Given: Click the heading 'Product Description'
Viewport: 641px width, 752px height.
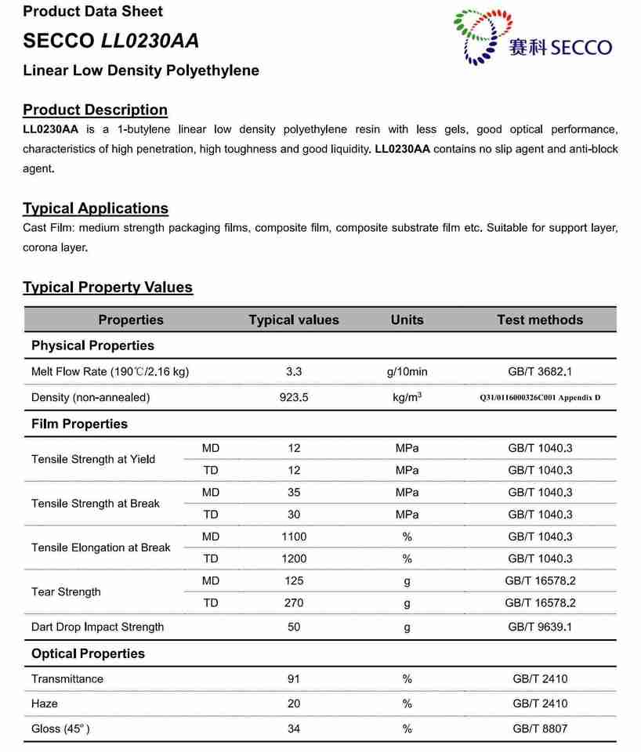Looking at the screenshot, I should point(95,110).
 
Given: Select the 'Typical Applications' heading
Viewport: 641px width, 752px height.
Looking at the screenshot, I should point(96,208).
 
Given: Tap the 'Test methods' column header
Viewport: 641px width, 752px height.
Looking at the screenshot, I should point(540,320).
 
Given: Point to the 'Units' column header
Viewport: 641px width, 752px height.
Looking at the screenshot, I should point(407,320).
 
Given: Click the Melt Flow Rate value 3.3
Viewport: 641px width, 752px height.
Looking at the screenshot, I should point(294,372).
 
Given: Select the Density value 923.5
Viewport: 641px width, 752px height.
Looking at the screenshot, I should point(294,397).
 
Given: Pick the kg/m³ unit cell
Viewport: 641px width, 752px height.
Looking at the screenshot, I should point(407,397).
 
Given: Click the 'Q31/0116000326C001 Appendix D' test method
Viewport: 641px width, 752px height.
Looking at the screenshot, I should point(540,398).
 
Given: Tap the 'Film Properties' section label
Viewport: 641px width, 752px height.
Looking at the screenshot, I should point(79,424).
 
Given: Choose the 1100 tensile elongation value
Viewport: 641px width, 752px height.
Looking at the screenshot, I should point(294,537).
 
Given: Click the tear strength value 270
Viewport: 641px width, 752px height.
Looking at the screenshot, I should point(294,603).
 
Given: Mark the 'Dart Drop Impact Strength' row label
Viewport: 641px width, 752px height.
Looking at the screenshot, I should point(98,627).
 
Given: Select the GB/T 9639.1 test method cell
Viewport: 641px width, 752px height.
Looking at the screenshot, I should point(540,627).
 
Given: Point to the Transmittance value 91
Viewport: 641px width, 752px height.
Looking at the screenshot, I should point(294,679).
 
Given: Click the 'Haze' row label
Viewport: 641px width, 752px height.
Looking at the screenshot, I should point(45,704).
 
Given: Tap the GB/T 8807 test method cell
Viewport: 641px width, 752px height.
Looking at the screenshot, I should point(540,729).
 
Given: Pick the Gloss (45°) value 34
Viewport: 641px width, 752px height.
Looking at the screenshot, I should point(294,729).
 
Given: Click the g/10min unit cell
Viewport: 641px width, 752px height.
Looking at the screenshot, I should point(407,372).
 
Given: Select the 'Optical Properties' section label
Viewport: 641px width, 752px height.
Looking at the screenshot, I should point(88,653).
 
